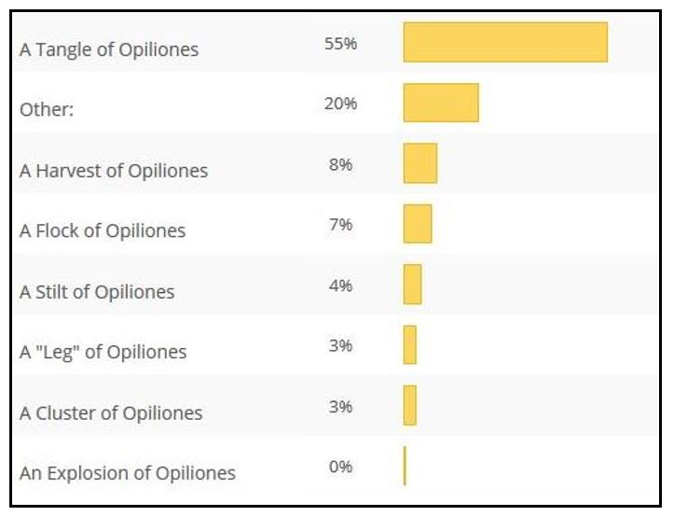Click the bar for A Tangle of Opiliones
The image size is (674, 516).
[x=505, y=42]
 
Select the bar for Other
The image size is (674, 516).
[x=441, y=103]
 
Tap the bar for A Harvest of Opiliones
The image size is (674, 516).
[x=420, y=163]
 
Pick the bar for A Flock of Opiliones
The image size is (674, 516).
[x=418, y=224]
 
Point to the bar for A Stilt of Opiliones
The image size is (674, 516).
[x=412, y=285]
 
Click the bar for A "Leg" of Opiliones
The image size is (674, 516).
[x=410, y=345]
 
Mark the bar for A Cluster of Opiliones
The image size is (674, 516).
[x=410, y=406]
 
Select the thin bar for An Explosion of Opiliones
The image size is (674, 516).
[x=405, y=466]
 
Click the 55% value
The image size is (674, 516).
[x=340, y=44]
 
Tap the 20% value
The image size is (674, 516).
[x=340, y=104]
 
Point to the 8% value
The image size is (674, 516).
[x=340, y=164]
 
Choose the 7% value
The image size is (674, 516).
[x=340, y=225]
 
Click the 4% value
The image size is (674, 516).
[x=340, y=286]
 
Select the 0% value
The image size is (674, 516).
[x=340, y=467]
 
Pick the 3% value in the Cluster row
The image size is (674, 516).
[x=340, y=407]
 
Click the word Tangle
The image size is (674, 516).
[x=65, y=50]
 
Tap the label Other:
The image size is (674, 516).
[x=47, y=109]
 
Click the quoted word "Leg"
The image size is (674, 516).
[x=58, y=352]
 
